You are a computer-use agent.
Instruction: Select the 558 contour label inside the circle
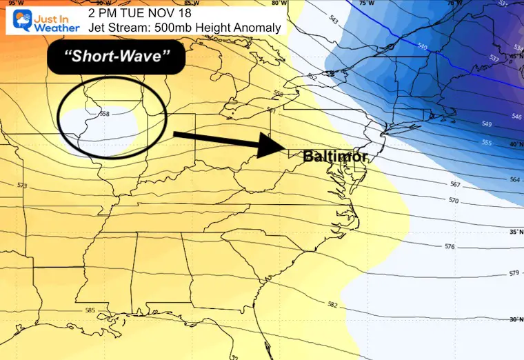pyautogui.click(x=105, y=113)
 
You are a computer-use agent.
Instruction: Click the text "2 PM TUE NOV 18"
pyautogui.click(x=141, y=12)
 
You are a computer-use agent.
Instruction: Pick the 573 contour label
pyautogui.click(x=23, y=186)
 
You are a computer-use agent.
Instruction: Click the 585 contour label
pyautogui.click(x=90, y=310)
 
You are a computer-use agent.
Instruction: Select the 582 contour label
pyautogui.click(x=333, y=304)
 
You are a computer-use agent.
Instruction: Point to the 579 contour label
pyautogui.click(x=514, y=274)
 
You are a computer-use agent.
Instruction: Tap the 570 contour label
pyautogui.click(x=454, y=201)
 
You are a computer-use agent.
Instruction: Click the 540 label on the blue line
pyautogui.click(x=422, y=46)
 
